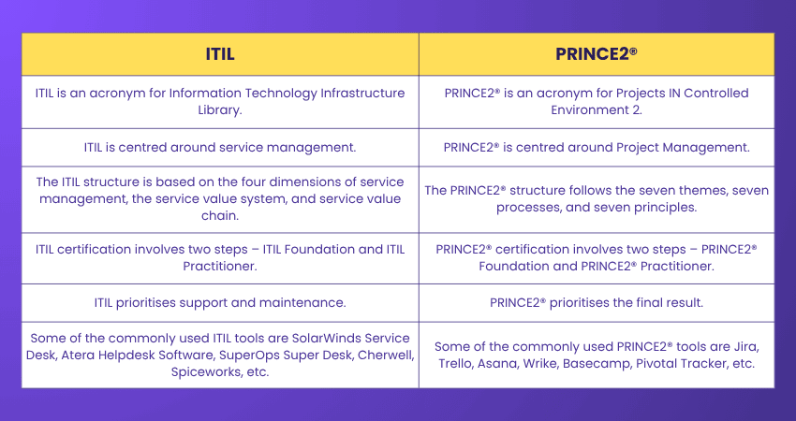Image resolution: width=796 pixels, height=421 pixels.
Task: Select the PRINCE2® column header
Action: (596, 54)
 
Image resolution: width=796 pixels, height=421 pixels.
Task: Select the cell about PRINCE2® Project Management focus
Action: (596, 146)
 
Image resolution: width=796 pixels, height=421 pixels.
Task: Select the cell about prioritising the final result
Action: (596, 302)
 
